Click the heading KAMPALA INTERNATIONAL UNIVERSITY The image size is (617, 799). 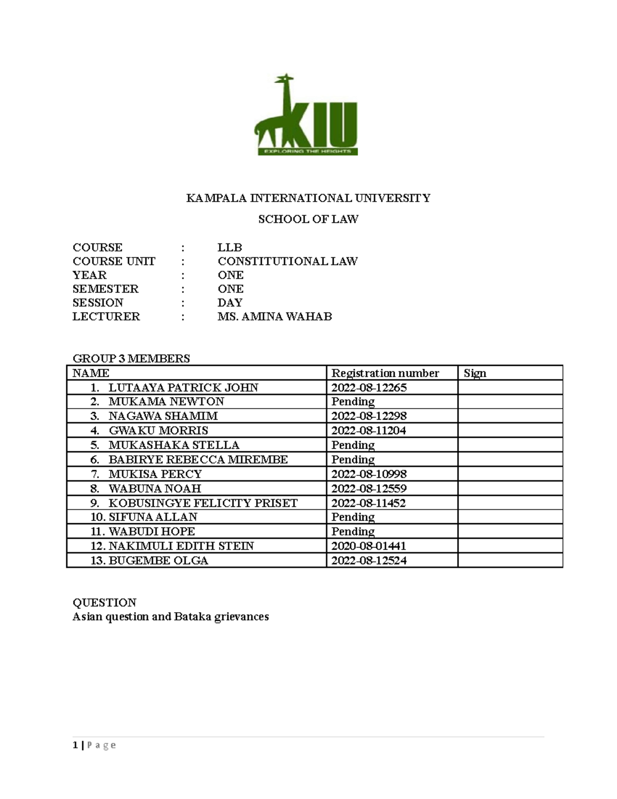pos(308,198)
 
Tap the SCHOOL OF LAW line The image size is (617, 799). pos(308,219)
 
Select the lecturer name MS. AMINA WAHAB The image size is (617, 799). pos(275,316)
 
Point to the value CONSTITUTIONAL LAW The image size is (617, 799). pos(287,261)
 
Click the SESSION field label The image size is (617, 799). pos(98,303)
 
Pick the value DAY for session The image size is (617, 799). pos(230,303)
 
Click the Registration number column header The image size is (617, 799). pos(385,373)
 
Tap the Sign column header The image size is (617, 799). pos(475,373)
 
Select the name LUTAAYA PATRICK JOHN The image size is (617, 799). pos(183,387)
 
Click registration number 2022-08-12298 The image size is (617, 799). pos(369,416)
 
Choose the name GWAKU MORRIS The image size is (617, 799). pos(158,430)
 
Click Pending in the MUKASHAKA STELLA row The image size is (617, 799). pos(353,445)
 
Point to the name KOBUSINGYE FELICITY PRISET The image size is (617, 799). pos(203,503)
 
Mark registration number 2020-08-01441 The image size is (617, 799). pos(369,546)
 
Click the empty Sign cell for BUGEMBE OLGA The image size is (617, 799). pos(510,560)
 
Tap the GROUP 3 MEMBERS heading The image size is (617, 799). pos(131,359)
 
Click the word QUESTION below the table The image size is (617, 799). pos(104,602)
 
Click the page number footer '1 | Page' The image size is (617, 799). pos(94,745)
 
